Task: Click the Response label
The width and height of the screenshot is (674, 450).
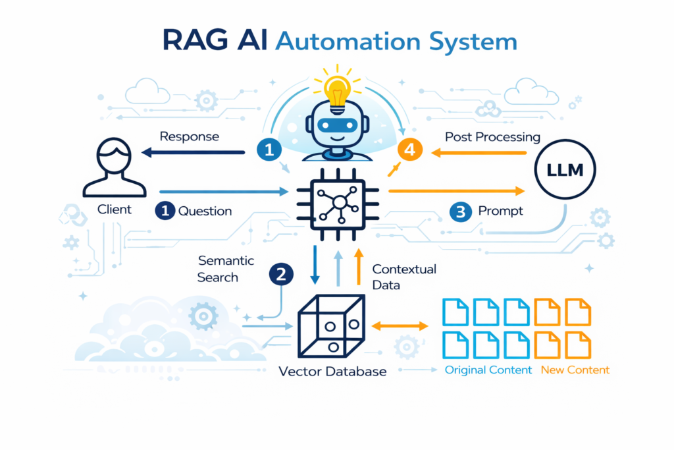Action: (190, 136)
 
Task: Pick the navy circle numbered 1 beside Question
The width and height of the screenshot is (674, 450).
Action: (165, 211)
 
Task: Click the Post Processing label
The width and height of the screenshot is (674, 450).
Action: (492, 137)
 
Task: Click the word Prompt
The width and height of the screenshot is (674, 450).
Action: (500, 211)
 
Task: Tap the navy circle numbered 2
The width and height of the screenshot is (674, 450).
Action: (281, 275)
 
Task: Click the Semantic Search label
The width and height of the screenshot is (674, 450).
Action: (226, 269)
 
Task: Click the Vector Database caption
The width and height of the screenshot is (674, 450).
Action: (332, 371)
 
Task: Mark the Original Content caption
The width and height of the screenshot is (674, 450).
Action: (488, 370)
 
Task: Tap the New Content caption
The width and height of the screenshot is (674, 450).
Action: (575, 370)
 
